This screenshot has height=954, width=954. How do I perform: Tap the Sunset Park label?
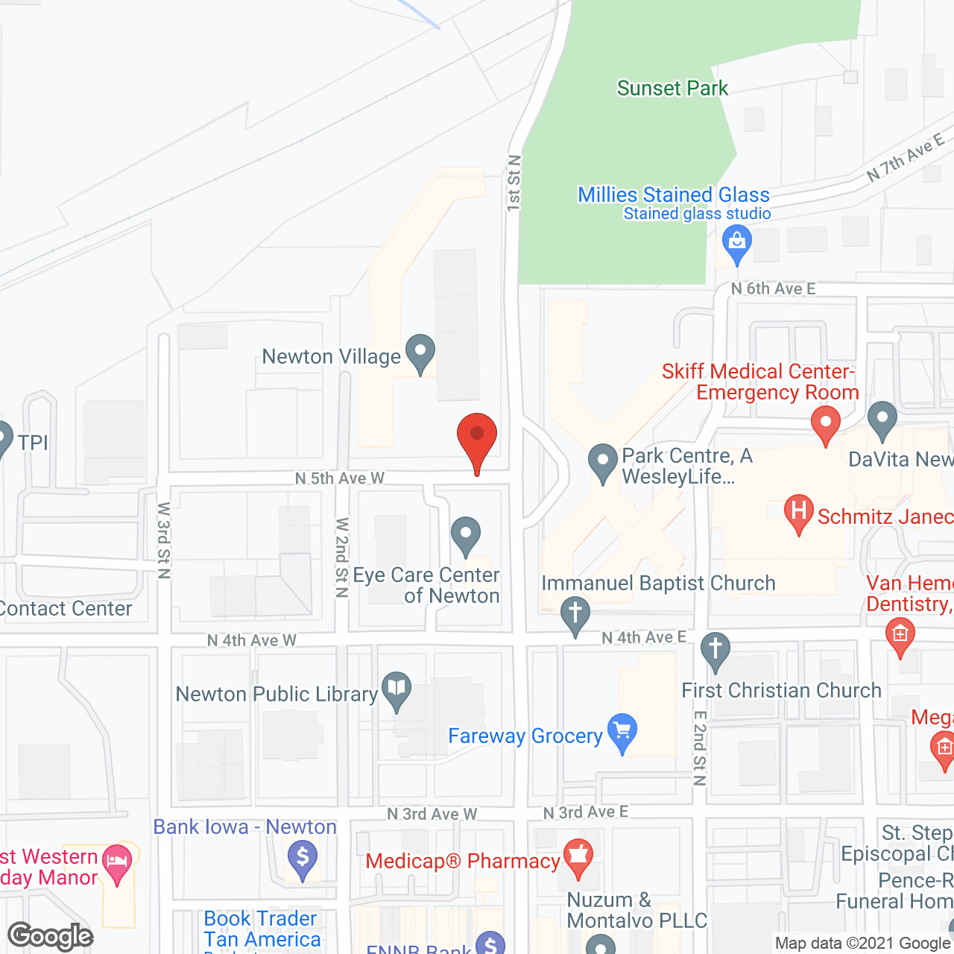click(x=672, y=89)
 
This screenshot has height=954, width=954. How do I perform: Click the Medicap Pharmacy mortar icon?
click(x=578, y=857)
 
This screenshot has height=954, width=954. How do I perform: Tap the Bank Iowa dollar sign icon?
click(x=303, y=859)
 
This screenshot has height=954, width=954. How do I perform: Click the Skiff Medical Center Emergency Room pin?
click(x=825, y=423)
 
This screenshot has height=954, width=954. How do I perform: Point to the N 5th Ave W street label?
click(x=340, y=478)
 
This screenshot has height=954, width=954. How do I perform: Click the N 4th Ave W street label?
click(x=251, y=640)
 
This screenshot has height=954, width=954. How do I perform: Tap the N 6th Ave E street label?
click(x=773, y=288)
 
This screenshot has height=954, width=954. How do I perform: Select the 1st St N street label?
click(x=514, y=182)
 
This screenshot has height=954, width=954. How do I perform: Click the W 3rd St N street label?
click(x=164, y=540)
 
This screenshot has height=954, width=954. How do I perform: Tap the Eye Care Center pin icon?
click(x=466, y=535)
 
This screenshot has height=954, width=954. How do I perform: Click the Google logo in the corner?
click(x=51, y=936)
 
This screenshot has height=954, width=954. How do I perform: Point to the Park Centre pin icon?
click(x=602, y=462)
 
